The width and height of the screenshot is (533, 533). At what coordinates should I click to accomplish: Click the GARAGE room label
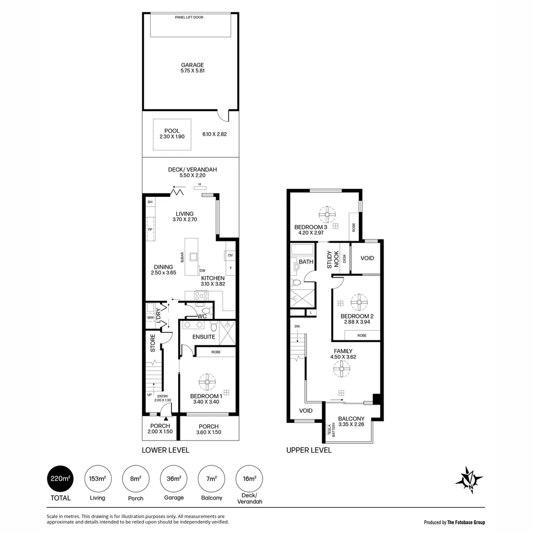tap(192, 65)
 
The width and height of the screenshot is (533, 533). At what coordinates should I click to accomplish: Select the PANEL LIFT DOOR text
tap(189, 17)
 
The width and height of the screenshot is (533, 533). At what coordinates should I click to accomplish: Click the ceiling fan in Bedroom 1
tap(207, 381)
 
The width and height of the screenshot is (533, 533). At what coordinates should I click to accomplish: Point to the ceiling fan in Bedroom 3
tap(327, 214)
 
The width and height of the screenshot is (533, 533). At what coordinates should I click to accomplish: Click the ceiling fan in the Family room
tap(342, 369)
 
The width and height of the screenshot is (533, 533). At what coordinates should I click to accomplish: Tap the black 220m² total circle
tap(60, 479)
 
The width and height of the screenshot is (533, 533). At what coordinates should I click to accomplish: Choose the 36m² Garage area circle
tap(173, 479)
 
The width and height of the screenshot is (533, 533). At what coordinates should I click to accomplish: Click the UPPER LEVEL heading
tap(309, 450)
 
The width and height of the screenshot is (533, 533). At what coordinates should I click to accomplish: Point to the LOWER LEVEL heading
tap(165, 450)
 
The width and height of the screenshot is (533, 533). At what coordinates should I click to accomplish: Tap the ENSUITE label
tap(203, 337)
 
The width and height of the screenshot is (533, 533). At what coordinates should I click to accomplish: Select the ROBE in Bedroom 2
tap(362, 335)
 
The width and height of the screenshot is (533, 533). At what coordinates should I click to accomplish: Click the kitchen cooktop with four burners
tap(201, 296)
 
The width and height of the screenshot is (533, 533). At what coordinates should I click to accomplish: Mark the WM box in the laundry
tap(150, 318)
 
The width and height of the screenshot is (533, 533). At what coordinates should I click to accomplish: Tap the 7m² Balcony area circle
tap(211, 479)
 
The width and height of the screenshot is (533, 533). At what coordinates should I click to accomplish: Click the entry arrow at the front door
tap(166, 419)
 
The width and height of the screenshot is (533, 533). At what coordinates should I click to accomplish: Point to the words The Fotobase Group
tap(466, 522)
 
